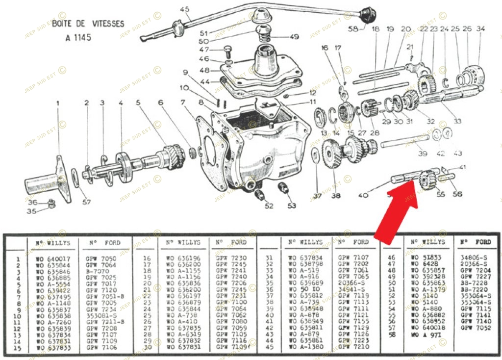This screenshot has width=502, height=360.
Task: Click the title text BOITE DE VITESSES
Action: point(88,24)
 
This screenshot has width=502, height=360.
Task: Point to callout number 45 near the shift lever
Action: point(184,9)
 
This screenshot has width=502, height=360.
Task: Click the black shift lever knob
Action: point(366,14)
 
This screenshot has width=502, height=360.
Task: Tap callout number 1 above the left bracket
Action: point(57,103)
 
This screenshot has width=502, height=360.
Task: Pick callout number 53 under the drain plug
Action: point(292,206)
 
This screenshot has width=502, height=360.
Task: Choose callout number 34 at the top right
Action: point(480,29)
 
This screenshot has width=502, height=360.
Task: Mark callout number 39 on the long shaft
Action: point(423,154)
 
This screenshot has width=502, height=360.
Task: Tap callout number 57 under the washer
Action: point(86,202)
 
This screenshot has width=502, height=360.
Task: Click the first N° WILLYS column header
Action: point(52,243)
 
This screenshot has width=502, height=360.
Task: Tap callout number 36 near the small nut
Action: point(32,202)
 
